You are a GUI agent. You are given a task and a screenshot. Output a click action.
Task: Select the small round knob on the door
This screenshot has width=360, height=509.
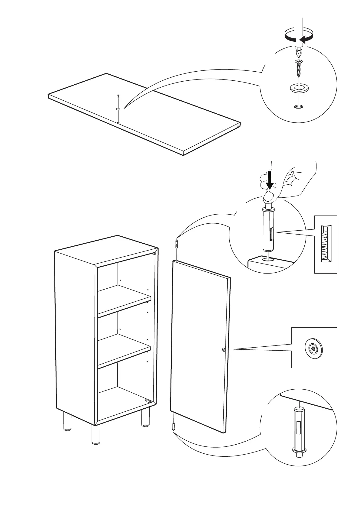tap(223, 350)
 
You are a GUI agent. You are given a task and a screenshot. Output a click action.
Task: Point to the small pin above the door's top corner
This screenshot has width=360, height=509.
tap(176, 243)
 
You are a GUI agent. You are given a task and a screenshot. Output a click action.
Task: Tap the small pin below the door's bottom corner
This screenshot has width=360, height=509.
tap(174, 426)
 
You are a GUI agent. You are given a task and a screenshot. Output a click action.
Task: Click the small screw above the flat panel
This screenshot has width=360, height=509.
tap(118, 96)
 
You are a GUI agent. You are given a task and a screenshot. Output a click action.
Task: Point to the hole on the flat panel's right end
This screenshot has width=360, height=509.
tap(239, 126)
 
